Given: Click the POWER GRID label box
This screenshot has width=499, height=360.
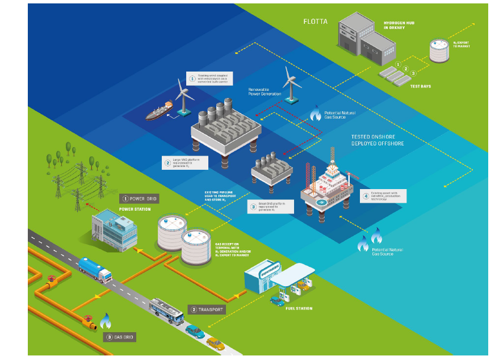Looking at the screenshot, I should [x=139, y=199].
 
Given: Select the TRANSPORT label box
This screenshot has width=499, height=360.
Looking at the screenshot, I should [x=206, y=309].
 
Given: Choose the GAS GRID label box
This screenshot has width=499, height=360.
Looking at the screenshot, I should [x=120, y=337].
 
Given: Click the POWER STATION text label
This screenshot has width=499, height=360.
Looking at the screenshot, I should [x=135, y=209].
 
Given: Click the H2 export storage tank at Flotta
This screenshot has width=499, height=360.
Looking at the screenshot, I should [x=438, y=51].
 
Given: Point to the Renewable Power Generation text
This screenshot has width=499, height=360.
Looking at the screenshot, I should [x=265, y=92].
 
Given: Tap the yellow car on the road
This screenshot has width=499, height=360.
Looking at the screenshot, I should [x=215, y=344].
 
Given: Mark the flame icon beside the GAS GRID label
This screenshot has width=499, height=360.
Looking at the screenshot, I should [x=105, y=321].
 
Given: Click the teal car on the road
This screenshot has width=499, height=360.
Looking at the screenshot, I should [x=193, y=331].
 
